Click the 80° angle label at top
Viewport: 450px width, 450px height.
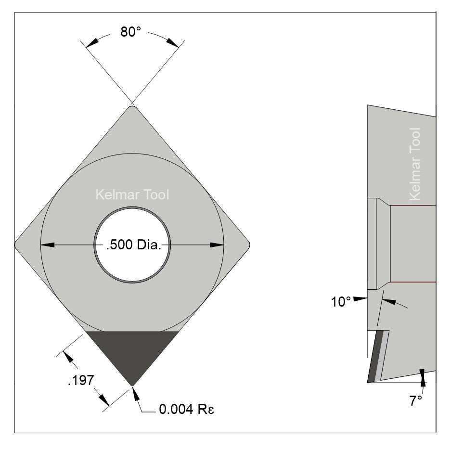(130, 32)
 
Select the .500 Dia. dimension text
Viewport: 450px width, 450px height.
(132, 245)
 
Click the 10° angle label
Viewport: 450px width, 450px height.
(341, 302)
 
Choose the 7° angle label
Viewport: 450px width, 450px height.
(415, 401)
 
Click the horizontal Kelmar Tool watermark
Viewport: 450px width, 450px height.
(132, 195)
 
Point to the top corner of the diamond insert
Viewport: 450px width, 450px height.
(132, 106)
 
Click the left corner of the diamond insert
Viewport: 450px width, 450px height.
(17, 244)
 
